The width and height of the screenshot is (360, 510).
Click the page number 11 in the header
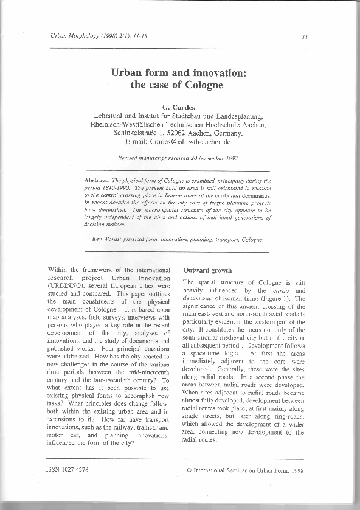coord(305,37)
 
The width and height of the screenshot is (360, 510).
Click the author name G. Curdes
coord(177,107)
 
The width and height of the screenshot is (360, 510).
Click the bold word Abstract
coord(96,181)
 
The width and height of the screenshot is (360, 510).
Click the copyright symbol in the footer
coord(189,470)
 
